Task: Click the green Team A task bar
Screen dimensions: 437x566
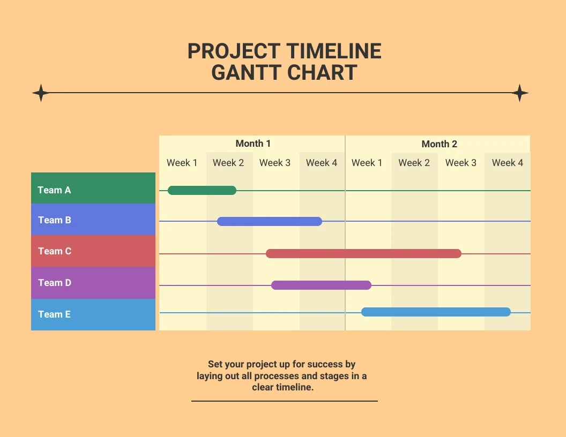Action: click(x=202, y=190)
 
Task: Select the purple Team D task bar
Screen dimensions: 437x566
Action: click(x=321, y=285)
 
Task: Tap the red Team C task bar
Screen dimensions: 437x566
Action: click(x=363, y=253)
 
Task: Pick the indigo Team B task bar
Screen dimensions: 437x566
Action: click(x=270, y=221)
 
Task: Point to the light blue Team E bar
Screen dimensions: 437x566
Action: click(x=436, y=312)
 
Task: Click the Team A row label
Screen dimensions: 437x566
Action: click(x=54, y=190)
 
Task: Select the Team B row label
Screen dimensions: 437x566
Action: click(x=55, y=220)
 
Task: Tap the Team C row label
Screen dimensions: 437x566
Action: click(x=55, y=251)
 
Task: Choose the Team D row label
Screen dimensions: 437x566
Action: click(x=55, y=283)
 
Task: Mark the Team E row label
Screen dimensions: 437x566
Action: click(x=54, y=314)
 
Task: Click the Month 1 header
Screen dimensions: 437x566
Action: click(x=253, y=144)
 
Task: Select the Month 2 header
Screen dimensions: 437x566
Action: click(x=439, y=144)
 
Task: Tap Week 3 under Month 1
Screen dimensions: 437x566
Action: click(x=275, y=163)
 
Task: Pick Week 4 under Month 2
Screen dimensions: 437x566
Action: click(x=508, y=163)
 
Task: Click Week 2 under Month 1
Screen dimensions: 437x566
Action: click(x=228, y=163)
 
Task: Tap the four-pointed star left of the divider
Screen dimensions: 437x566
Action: click(x=41, y=93)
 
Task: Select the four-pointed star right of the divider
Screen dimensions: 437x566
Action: click(x=519, y=93)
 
